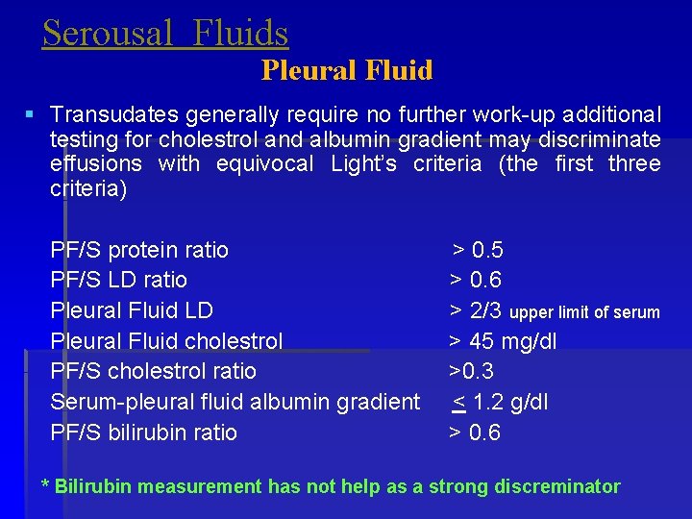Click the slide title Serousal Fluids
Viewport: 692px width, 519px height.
click(x=165, y=34)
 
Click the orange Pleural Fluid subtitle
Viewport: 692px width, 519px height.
click(x=347, y=70)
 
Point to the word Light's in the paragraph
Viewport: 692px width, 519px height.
click(x=363, y=163)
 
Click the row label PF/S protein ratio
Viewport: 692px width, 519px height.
click(x=139, y=251)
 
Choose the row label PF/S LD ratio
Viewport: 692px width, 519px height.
click(x=119, y=281)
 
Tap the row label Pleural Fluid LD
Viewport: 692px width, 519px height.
click(x=132, y=310)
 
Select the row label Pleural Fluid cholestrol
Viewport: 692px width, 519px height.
click(x=166, y=341)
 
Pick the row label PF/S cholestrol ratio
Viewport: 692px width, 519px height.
click(x=154, y=371)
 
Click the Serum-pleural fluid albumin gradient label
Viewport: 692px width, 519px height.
click(x=235, y=402)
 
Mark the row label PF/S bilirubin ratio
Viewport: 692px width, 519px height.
click(x=144, y=432)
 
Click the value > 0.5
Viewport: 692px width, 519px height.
click(x=478, y=251)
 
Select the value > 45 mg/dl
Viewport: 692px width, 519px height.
click(x=503, y=341)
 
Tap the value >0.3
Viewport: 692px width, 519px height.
click(x=471, y=371)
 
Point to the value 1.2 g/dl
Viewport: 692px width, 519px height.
click(x=509, y=402)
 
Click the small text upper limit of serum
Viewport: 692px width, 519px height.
click(x=584, y=312)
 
